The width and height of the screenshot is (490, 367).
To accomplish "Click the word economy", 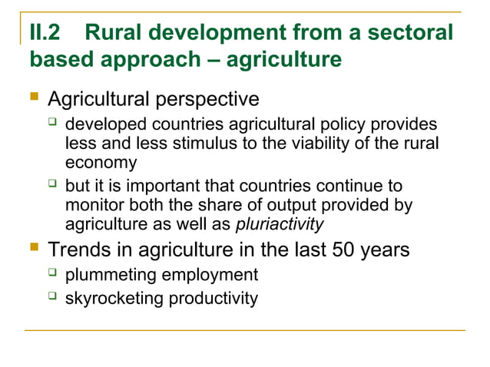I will (101, 162).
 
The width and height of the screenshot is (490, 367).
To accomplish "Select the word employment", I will (210, 275).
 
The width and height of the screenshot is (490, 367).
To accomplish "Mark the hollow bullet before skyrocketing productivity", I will (52, 297).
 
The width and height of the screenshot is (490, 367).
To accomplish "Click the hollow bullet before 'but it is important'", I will (52, 186).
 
